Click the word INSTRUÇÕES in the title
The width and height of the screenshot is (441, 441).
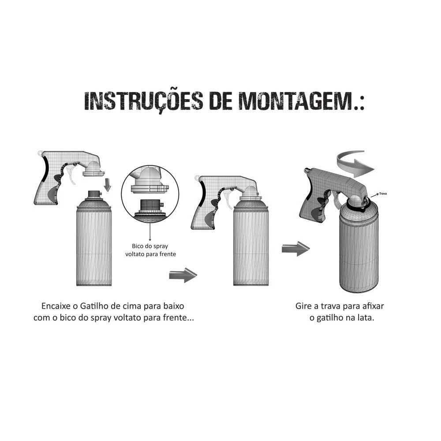tap(143, 101)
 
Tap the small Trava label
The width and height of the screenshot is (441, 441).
tap(383, 194)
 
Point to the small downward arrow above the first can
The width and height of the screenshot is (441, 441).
tap(107, 184)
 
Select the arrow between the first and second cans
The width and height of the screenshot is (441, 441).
tap(183, 275)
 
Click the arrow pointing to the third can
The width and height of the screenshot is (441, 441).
tap(295, 249)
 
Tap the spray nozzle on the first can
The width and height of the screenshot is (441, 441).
tap(94, 194)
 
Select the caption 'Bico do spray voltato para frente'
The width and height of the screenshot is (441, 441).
tap(150, 250)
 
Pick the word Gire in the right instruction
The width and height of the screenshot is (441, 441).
tap(303, 306)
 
